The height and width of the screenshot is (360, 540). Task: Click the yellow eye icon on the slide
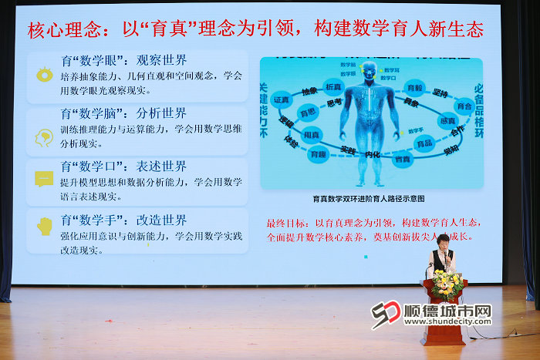pos(44,75)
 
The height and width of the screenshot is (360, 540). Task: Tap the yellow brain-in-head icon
pos(44,137)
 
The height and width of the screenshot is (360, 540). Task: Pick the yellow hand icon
pos(45,225)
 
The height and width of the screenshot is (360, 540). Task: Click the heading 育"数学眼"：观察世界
pos(123,59)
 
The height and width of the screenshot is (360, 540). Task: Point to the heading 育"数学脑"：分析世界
pos(123,113)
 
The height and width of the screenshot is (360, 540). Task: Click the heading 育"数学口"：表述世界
pos(123,166)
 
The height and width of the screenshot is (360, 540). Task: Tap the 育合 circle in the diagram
pos(464,106)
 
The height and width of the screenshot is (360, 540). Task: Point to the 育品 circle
pos(424,143)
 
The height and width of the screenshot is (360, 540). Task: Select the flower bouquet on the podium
pos(447,284)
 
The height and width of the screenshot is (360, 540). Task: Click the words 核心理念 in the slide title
pos(62,29)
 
